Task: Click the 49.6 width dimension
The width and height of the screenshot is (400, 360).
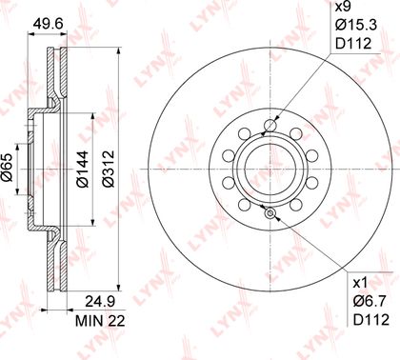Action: pos(49,23)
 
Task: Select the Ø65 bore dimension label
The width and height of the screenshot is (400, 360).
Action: pos(7,168)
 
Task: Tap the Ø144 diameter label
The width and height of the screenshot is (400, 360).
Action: pos(82,170)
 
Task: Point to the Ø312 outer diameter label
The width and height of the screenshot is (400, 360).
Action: pos(108,169)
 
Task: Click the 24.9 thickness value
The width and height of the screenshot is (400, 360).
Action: pos(100,301)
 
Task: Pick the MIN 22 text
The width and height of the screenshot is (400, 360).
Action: pos(100,321)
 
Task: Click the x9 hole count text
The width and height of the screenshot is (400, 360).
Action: pos(343,7)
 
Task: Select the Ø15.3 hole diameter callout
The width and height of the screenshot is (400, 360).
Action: pos(356,25)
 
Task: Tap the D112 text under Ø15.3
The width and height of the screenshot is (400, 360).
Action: pos(353,44)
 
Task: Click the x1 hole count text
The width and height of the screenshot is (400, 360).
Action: pos(360,282)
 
